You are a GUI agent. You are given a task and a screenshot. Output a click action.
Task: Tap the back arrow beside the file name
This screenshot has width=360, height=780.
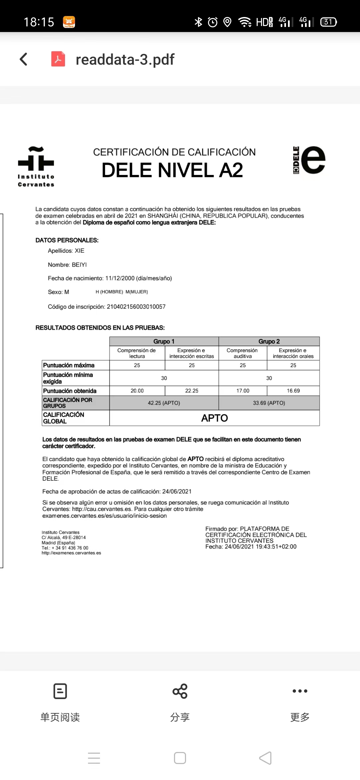tap(24, 59)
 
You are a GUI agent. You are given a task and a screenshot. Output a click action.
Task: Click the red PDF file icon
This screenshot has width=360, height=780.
tap(58, 59)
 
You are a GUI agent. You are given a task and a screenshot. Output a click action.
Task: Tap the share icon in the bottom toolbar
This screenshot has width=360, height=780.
tap(180, 691)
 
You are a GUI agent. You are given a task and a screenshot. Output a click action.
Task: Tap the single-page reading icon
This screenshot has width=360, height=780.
tap(60, 691)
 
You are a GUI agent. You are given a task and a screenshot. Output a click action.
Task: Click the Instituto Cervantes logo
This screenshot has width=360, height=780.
tap(36, 166)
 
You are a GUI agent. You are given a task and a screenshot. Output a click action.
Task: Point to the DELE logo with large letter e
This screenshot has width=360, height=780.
tap(309, 160)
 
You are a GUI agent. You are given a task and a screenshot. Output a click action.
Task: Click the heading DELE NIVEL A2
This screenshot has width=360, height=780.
tap(172, 170)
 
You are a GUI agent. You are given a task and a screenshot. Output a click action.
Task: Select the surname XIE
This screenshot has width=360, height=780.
tap(79, 251)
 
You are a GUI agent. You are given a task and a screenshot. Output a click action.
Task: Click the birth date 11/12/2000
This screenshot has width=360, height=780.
tap(120, 278)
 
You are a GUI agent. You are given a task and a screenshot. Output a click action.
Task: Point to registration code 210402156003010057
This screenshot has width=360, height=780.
tap(136, 307)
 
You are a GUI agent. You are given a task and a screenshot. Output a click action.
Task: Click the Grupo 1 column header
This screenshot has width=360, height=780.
tap(164, 341)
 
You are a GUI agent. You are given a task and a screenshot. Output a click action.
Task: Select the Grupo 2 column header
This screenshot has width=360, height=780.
tap(269, 341)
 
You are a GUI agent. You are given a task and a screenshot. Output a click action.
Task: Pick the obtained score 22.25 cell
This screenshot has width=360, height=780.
tap(192, 391)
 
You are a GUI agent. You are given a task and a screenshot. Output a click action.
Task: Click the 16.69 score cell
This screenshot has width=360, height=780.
tap(293, 391)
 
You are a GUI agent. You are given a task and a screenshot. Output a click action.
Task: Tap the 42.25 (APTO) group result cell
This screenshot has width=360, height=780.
tap(164, 403)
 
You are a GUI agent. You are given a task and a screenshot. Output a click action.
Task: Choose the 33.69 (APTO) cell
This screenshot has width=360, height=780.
tap(269, 403)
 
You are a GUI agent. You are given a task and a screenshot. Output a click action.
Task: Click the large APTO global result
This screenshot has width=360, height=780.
tap(214, 418)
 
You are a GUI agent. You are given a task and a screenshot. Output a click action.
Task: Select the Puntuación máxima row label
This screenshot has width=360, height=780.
tap(69, 365)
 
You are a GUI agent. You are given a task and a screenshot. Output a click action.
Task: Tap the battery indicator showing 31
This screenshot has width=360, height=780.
tap(328, 22)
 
